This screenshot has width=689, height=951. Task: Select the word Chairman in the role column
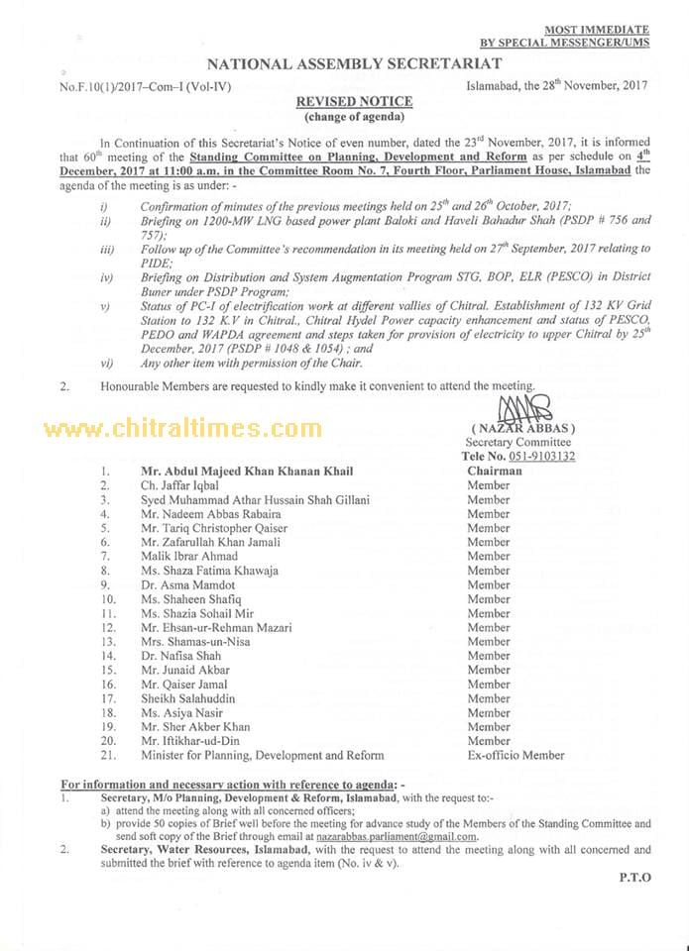[496, 472]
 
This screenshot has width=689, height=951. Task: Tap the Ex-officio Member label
[516, 755]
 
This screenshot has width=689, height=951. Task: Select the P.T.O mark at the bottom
[634, 878]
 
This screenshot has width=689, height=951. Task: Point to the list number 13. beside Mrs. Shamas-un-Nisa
[106, 642]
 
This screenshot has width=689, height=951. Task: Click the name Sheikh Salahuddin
[188, 698]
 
